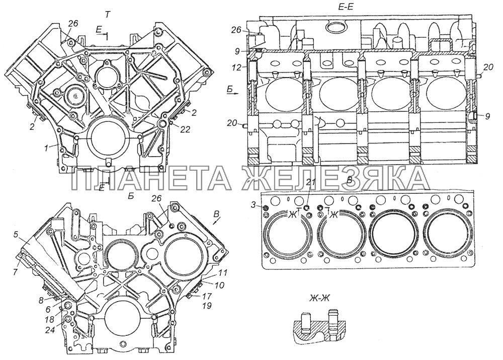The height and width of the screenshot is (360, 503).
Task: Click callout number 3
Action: (x=255, y=205)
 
